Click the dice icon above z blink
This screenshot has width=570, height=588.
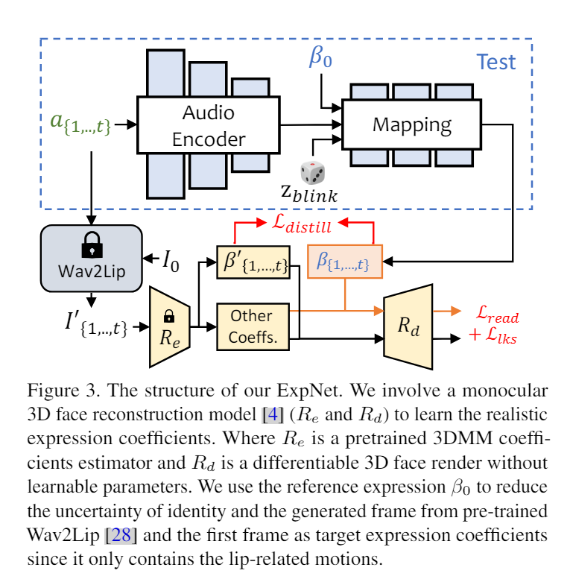point(312,173)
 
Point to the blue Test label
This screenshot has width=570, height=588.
point(495,62)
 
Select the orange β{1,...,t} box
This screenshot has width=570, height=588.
point(343,262)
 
